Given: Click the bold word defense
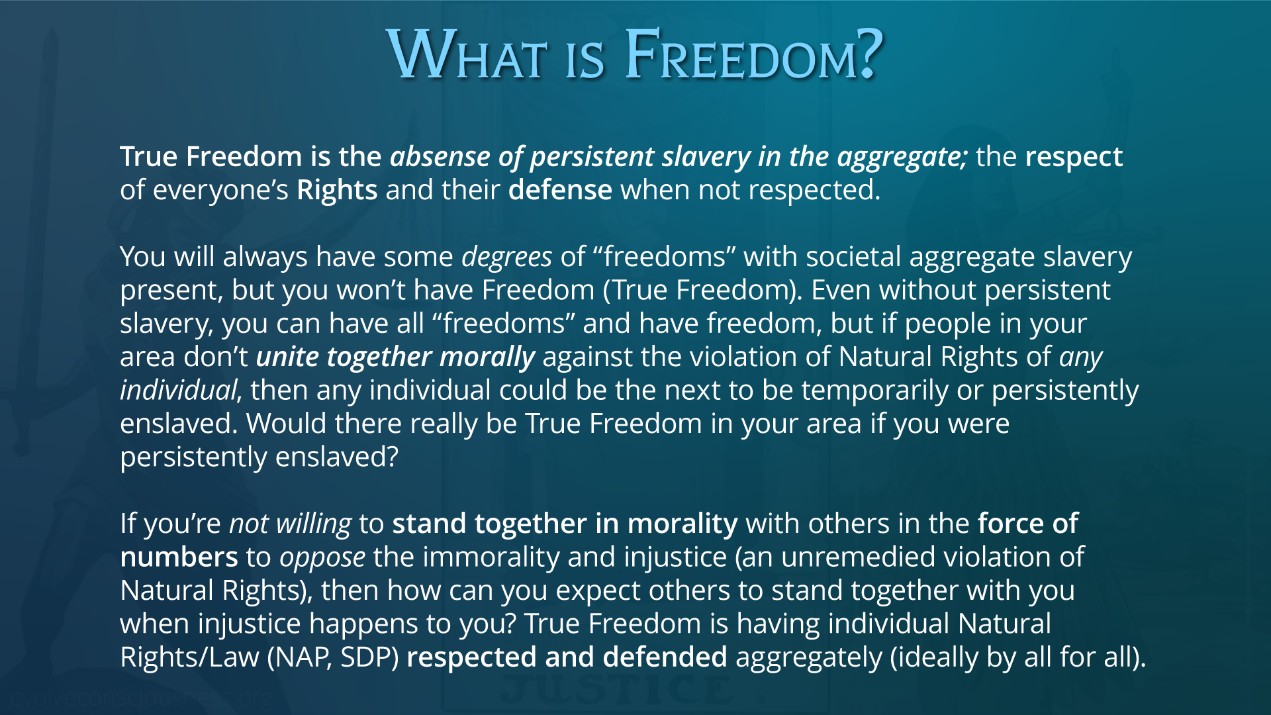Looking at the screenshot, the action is pyautogui.click(x=560, y=190).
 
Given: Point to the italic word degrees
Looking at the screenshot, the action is pyautogui.click(x=506, y=258).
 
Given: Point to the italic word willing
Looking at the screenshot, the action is pyautogui.click(x=313, y=524).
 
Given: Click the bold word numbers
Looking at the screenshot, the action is pyautogui.click(x=179, y=557).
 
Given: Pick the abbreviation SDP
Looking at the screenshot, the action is pyautogui.click(x=366, y=657).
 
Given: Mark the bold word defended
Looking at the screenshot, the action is pyautogui.click(x=665, y=657).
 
